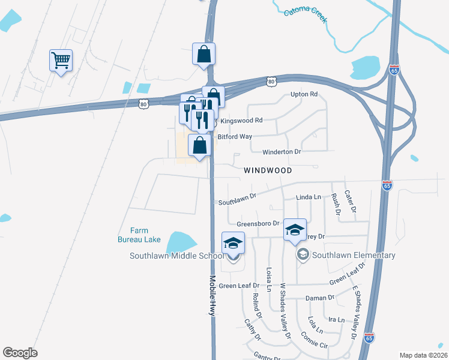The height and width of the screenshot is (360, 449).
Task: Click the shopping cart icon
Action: click(61, 60)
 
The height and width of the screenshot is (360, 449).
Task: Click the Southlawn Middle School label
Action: click(176, 256)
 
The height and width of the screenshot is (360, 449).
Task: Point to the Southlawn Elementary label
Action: click(354, 255)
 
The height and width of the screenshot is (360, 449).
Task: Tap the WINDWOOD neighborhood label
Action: click(268, 170)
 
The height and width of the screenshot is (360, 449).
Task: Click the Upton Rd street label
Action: click(303, 95)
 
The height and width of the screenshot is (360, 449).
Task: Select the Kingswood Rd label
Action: click(241, 121)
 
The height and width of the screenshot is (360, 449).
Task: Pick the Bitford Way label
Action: click(235, 137)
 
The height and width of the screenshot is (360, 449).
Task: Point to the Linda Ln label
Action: click(309, 197)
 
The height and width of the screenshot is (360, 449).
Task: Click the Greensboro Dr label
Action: click(258, 224)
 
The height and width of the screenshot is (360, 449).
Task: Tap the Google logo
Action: click(20, 352)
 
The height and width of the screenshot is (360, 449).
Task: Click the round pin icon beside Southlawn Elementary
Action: click(303, 255)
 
